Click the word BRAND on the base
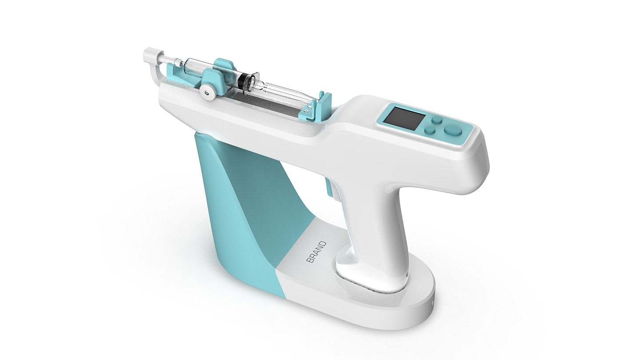317,252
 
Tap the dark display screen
401,117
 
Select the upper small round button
437,120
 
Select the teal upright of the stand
249,209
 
